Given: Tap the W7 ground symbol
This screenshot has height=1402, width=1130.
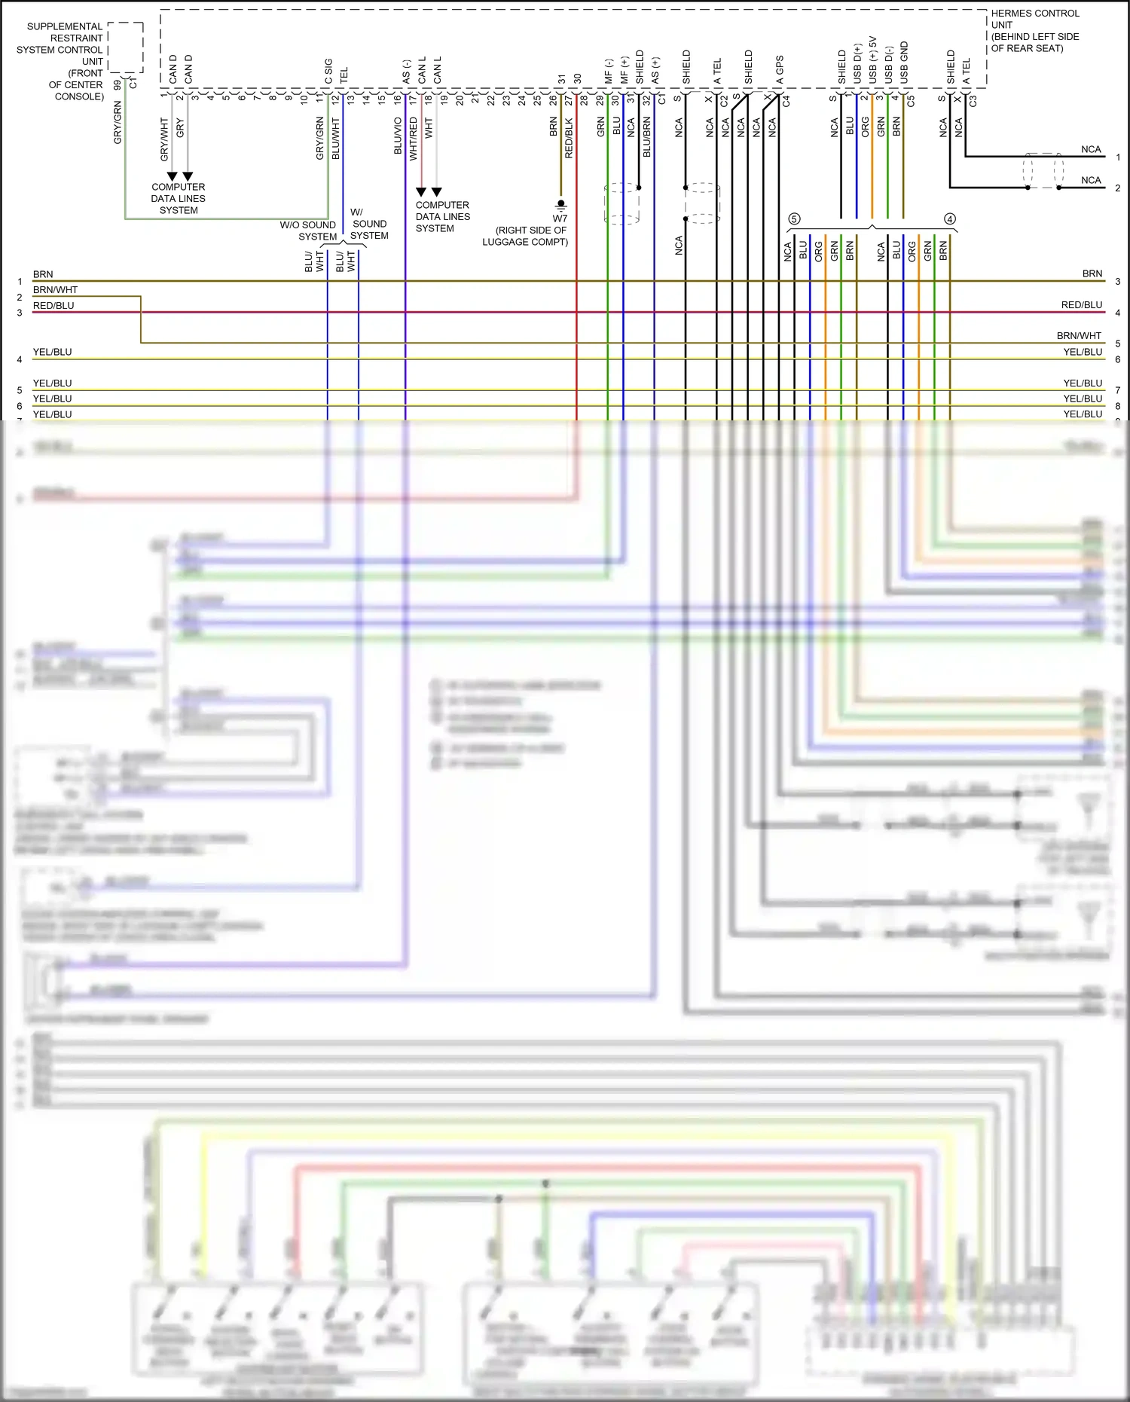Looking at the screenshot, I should click(x=560, y=204).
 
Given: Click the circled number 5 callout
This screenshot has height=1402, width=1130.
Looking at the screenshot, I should click(x=794, y=218).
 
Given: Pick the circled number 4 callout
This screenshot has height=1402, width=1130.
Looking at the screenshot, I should click(x=950, y=218).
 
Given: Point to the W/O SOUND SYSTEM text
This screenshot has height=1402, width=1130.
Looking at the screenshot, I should click(x=308, y=231).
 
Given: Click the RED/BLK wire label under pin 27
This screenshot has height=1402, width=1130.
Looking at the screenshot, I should click(x=569, y=138).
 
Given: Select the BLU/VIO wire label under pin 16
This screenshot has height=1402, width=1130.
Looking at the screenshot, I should click(x=398, y=136).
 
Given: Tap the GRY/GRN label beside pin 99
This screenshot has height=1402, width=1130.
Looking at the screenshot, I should click(x=118, y=123).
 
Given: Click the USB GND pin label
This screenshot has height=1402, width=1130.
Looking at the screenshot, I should click(x=904, y=63).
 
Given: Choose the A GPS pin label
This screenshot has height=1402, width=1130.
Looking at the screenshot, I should click(x=780, y=70).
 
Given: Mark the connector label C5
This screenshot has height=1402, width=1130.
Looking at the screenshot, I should click(x=911, y=100).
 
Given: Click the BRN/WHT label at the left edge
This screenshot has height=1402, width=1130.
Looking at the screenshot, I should click(x=55, y=290).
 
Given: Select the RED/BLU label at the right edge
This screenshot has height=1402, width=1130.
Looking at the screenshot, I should click(x=1081, y=305).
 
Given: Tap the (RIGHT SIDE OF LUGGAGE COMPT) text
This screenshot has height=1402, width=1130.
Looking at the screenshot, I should click(x=525, y=236).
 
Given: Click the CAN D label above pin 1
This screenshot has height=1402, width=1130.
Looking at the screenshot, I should click(x=173, y=69).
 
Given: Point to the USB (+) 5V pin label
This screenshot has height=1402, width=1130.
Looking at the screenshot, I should click(x=873, y=60).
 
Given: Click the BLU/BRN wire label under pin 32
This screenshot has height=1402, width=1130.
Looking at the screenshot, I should click(x=646, y=137).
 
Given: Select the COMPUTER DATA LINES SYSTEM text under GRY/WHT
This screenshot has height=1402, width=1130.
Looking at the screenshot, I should click(x=179, y=199).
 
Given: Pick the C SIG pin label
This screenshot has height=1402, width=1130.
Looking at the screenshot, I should click(x=328, y=72).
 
